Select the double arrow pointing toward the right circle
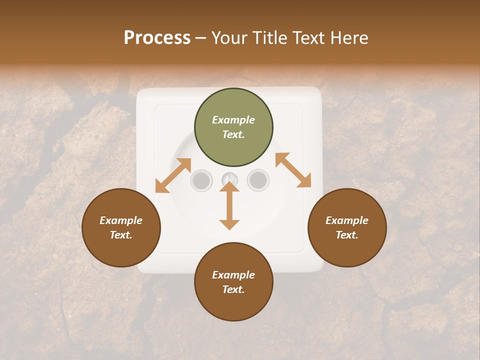293,170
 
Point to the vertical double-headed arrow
229,205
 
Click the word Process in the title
157,38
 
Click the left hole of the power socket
201,180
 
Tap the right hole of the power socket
258,180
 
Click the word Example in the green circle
233,120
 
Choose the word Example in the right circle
347,220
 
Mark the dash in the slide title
201,38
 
